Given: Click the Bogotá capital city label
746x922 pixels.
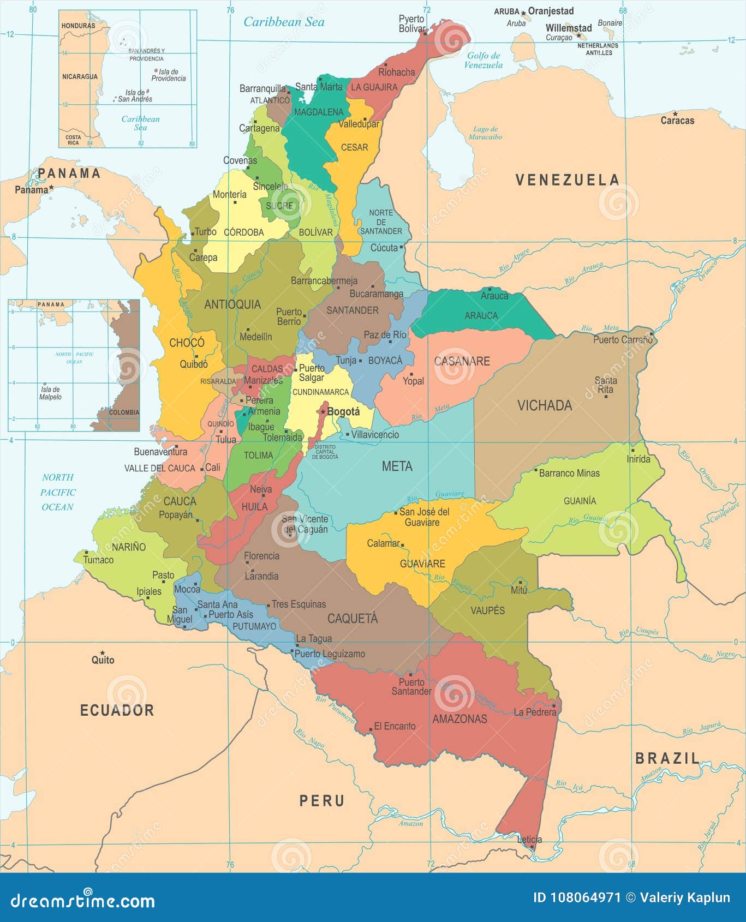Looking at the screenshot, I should tap(343, 412).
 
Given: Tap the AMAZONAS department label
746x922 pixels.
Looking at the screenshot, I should tap(459, 719).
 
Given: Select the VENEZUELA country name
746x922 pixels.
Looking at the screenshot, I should tap(568, 180).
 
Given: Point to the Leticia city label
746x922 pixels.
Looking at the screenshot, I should tap(529, 840).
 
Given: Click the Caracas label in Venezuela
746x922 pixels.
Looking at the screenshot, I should tap(677, 121).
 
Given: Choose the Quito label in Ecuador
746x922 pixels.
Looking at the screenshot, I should tap(103, 660).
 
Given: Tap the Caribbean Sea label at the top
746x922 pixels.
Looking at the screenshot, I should tap(284, 22).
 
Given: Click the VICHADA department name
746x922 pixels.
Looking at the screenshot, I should tap(544, 405).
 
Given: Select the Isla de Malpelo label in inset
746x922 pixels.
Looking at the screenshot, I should tap(50, 393).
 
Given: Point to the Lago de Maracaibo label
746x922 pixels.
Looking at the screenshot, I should tap(485, 133).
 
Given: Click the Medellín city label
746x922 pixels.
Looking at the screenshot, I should tap(255, 337).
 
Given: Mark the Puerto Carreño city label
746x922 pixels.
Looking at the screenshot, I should tap(623, 340).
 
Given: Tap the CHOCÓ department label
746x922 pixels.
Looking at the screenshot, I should tap(187, 343).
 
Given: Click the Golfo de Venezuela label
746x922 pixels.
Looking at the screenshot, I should tap(484, 60).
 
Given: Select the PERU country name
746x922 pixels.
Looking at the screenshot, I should tap(322, 801).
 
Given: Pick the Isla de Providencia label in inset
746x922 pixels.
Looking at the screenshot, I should tap(168, 75).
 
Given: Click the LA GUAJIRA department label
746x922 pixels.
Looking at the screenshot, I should tap(374, 87).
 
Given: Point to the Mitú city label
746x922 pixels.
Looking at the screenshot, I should tap(519, 590).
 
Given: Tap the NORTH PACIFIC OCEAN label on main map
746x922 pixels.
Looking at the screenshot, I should tap(58, 492).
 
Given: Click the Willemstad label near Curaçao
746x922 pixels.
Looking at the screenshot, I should tap(569, 28).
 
